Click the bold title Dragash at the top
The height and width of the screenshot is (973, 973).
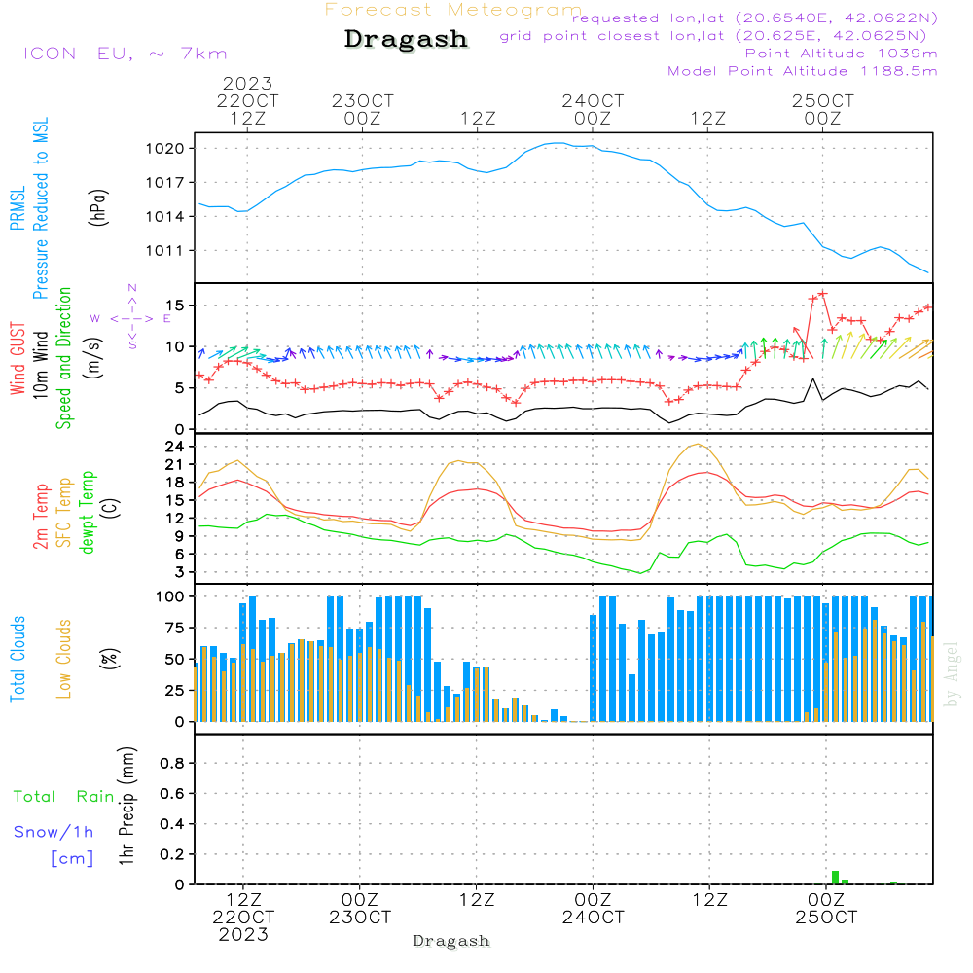[x=406, y=40]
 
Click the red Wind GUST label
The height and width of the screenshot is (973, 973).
[x=18, y=361]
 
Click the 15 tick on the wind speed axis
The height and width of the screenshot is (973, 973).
[x=181, y=306]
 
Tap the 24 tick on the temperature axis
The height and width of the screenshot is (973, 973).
[x=181, y=447]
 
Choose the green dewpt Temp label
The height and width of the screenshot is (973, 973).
[x=87, y=512]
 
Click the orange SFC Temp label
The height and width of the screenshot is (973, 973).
[x=64, y=513]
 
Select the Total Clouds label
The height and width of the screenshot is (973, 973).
[x=18, y=659]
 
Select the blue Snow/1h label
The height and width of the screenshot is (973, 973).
[x=54, y=832]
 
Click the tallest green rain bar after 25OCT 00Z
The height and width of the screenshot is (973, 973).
[x=835, y=878]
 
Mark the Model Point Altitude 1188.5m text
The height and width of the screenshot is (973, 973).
[x=803, y=71]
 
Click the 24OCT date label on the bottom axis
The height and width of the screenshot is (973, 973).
[x=593, y=918]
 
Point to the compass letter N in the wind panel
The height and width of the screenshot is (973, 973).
[x=132, y=288]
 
